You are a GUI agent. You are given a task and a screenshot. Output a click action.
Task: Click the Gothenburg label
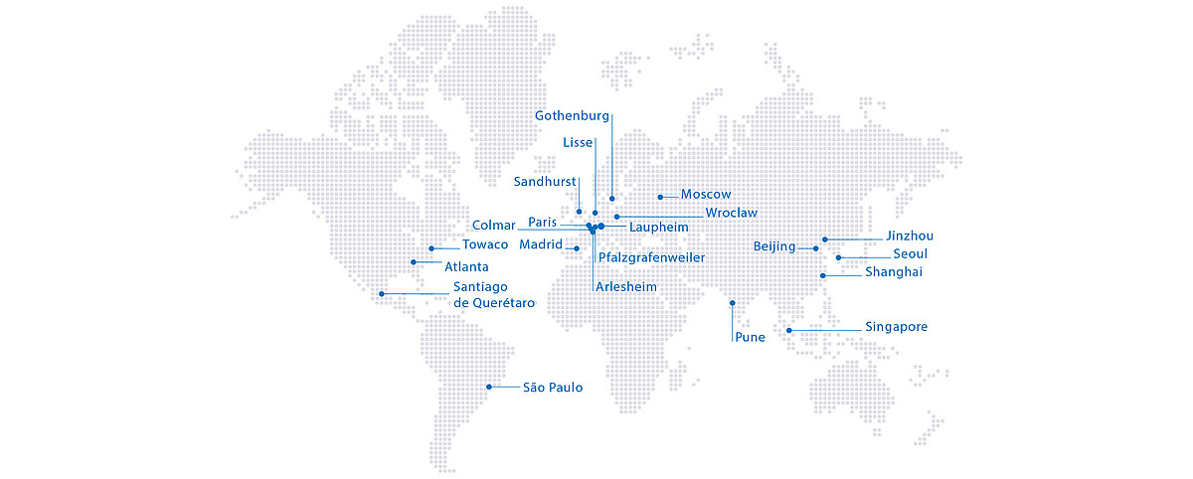572,116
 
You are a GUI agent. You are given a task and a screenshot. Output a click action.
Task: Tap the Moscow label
706,195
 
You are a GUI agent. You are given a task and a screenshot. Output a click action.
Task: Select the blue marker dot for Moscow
660,196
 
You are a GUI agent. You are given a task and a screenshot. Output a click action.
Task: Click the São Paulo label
553,388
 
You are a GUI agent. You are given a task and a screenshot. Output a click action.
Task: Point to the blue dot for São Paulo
488,387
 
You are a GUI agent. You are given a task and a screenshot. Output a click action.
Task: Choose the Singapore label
896,327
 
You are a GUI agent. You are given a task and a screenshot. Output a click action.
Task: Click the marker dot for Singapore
789,330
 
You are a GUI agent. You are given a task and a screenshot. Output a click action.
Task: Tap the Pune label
750,338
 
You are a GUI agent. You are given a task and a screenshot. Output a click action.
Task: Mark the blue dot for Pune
733,303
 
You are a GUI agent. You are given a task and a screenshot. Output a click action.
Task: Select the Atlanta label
466,267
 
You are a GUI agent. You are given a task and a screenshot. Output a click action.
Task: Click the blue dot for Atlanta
414,262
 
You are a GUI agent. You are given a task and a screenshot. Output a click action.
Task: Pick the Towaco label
485,245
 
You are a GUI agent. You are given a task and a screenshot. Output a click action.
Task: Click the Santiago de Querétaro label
494,295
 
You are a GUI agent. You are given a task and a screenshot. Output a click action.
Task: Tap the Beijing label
774,247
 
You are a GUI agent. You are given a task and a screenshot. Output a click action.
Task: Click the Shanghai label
894,272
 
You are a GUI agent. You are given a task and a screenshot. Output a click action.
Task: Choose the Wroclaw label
731,213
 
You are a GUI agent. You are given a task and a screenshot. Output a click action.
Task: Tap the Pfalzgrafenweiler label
652,258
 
